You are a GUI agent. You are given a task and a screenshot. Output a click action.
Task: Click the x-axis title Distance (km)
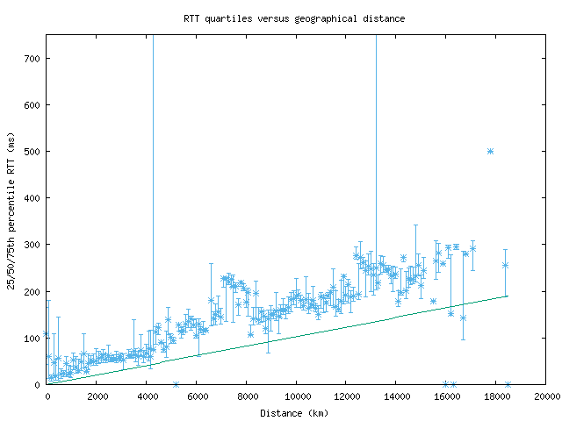[296, 413]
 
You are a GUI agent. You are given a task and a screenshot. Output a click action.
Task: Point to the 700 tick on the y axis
[35, 59]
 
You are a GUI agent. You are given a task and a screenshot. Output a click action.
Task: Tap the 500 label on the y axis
[35, 152]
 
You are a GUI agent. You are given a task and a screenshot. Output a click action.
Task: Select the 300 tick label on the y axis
[35, 245]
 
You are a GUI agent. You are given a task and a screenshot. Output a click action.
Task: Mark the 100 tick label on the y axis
[35, 338]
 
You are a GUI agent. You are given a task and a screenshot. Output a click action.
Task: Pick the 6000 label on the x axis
[197, 396]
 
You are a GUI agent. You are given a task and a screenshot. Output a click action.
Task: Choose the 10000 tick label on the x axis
[296, 396]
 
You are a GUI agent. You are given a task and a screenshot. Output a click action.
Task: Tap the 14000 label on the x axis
[396, 396]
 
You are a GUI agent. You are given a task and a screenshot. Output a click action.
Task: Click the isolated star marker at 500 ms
[490, 152]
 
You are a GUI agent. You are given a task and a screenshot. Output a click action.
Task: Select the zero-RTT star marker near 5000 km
[176, 384]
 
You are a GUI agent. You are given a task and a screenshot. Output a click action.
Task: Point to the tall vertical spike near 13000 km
[376, 132]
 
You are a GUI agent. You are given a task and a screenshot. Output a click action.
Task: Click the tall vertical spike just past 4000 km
[153, 175]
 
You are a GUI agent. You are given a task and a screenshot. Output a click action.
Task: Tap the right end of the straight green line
[508, 296]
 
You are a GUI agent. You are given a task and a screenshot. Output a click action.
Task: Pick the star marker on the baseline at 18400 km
[508, 384]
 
